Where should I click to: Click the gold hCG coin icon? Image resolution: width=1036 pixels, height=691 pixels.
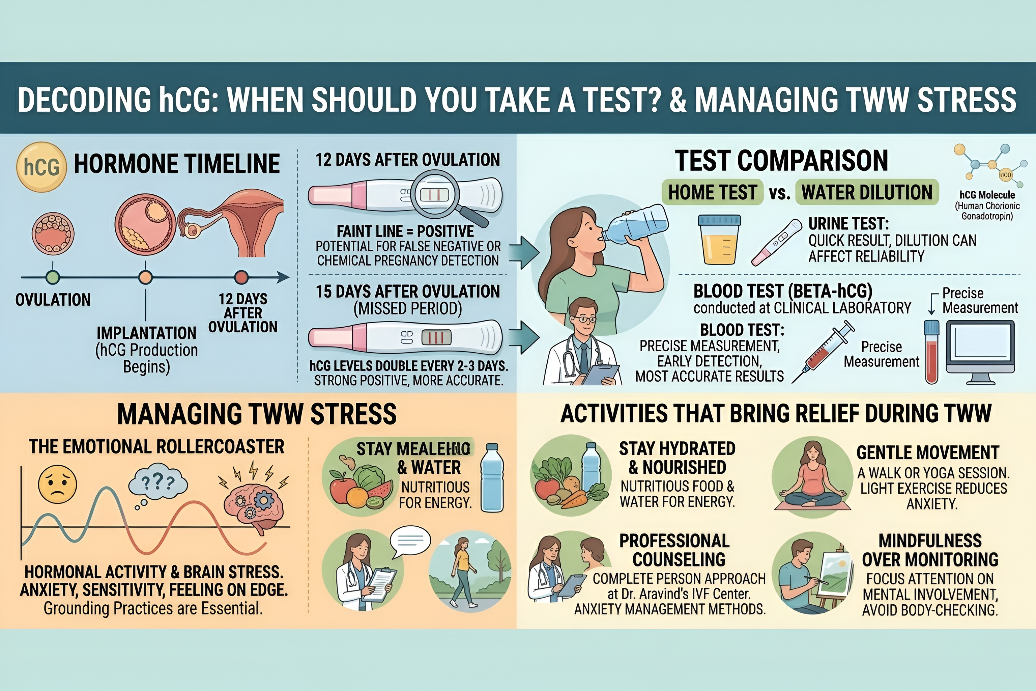point(41,167)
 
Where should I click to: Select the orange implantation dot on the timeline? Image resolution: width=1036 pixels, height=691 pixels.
point(145,277)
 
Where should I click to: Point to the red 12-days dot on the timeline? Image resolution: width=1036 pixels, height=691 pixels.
point(241,277)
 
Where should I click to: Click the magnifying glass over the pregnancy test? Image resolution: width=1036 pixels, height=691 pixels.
point(436,194)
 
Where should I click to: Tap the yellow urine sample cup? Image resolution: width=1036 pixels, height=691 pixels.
point(719,240)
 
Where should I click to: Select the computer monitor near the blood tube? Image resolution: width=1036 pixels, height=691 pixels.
point(980,350)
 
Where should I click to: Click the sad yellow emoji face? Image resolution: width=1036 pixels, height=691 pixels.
point(57,484)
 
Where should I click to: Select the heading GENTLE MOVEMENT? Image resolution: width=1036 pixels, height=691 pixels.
point(928,452)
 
